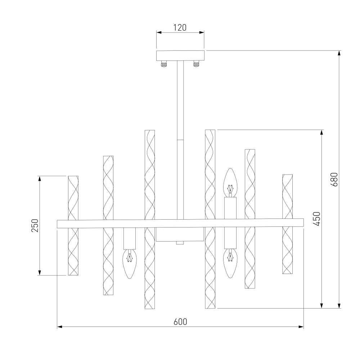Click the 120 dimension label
180,28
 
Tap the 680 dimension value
334,179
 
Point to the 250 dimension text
35,225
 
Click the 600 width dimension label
180,321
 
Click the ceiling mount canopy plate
180,55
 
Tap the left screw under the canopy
164,64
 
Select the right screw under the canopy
196,64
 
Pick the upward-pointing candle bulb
230,183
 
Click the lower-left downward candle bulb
130,264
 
